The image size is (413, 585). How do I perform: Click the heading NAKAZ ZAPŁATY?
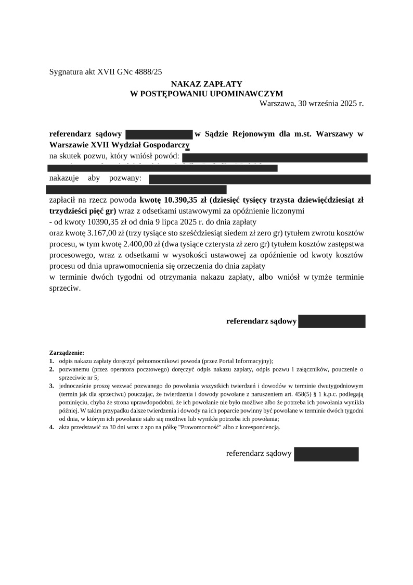click(206, 84)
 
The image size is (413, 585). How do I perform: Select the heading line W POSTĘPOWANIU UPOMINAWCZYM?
click(206, 94)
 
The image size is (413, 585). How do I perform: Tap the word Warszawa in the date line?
click(277, 103)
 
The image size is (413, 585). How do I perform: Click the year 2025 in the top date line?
click(340, 103)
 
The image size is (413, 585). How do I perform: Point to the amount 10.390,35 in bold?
click(182, 200)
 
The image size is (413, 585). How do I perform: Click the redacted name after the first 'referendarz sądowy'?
click(159, 134)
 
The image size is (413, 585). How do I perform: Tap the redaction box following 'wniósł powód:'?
click(275, 157)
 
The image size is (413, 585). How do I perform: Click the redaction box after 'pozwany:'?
click(260, 179)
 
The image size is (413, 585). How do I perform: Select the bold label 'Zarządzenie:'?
click(67, 353)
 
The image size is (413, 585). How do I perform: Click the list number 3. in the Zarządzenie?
click(52, 386)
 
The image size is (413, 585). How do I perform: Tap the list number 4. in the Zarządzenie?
click(52, 427)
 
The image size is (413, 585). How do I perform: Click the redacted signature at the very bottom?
click(326, 454)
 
